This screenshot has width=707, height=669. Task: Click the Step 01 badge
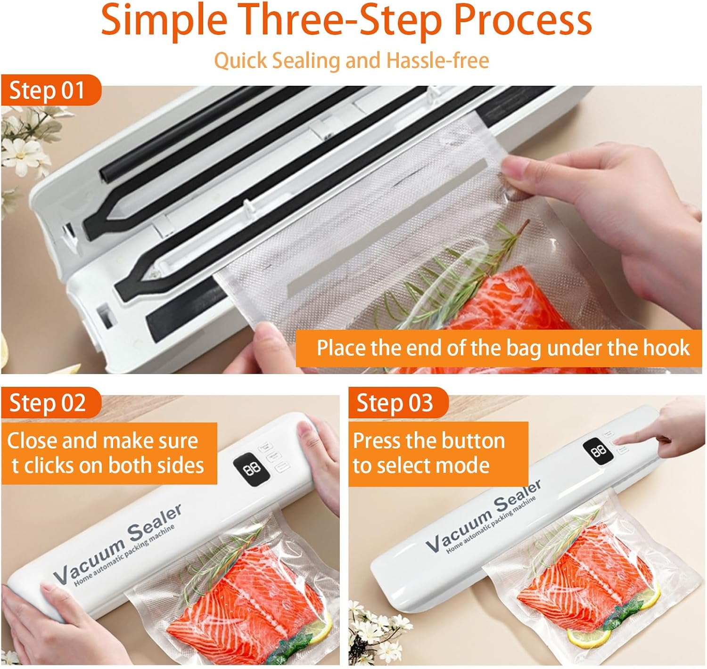[x=47, y=90]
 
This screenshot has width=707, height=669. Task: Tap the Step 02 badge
[x=47, y=403]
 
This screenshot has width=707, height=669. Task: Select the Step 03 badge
[x=395, y=403]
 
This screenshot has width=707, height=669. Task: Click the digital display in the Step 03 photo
[x=598, y=451]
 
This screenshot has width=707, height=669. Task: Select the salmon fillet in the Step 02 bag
[x=236, y=608]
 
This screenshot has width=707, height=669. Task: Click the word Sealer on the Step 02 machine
[x=156, y=523]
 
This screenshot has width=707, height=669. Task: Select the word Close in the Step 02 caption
[x=32, y=441]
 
